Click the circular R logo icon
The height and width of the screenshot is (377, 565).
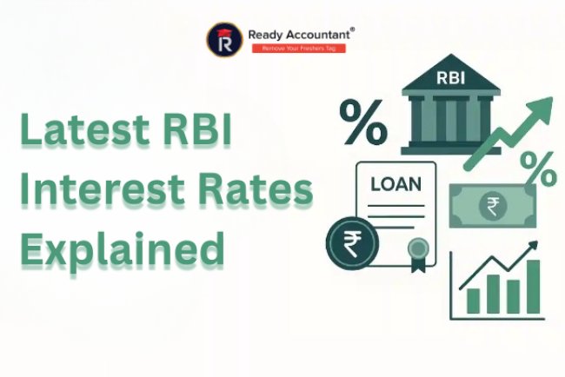(222, 37)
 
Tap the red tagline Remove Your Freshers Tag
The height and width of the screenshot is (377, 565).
(298, 47)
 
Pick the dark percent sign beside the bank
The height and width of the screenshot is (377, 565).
(363, 123)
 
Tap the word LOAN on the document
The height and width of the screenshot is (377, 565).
(396, 185)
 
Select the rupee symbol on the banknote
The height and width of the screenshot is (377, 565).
(492, 206)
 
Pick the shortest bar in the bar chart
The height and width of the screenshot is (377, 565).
(474, 301)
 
